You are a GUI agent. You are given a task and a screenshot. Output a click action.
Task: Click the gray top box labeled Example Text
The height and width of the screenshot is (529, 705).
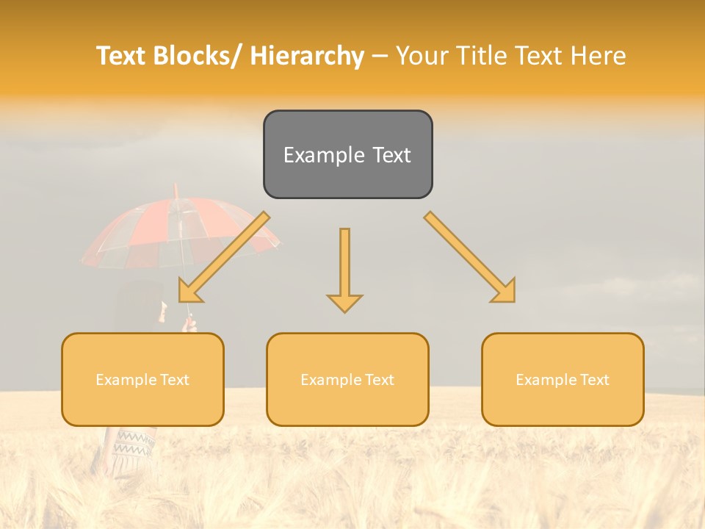(347, 154)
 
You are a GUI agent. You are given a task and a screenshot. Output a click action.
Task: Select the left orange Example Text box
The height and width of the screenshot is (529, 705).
(142, 379)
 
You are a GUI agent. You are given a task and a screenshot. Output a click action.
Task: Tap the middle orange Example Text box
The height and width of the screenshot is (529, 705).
(347, 379)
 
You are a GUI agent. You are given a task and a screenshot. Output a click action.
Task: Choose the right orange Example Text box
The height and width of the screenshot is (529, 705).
(563, 379)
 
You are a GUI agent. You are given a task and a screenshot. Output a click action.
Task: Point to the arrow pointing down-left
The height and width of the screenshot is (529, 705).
(224, 257)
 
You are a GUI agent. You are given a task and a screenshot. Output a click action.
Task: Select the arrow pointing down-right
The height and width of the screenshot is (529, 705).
(470, 257)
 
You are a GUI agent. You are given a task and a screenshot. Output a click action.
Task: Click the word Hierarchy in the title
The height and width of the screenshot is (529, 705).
(307, 56)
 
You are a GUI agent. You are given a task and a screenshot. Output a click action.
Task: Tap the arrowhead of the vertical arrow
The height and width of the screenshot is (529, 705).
(344, 302)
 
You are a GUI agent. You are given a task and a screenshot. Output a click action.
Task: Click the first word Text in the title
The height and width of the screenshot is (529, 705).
(122, 56)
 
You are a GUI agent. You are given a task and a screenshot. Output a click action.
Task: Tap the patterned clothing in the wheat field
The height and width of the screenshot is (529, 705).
(132, 445)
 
